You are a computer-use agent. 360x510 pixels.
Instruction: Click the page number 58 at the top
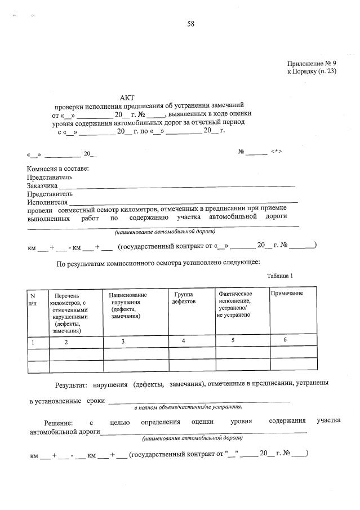click(x=191, y=24)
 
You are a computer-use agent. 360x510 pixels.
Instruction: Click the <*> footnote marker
click(x=276, y=152)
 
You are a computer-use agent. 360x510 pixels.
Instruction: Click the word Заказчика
click(x=42, y=185)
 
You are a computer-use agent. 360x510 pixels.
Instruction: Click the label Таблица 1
click(x=280, y=275)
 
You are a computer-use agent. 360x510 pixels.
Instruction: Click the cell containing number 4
click(x=183, y=341)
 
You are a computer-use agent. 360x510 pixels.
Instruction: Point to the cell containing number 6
click(x=285, y=340)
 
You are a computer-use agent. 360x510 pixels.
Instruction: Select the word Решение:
click(x=59, y=422)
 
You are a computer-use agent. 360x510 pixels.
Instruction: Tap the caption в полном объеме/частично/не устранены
click(x=188, y=406)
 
